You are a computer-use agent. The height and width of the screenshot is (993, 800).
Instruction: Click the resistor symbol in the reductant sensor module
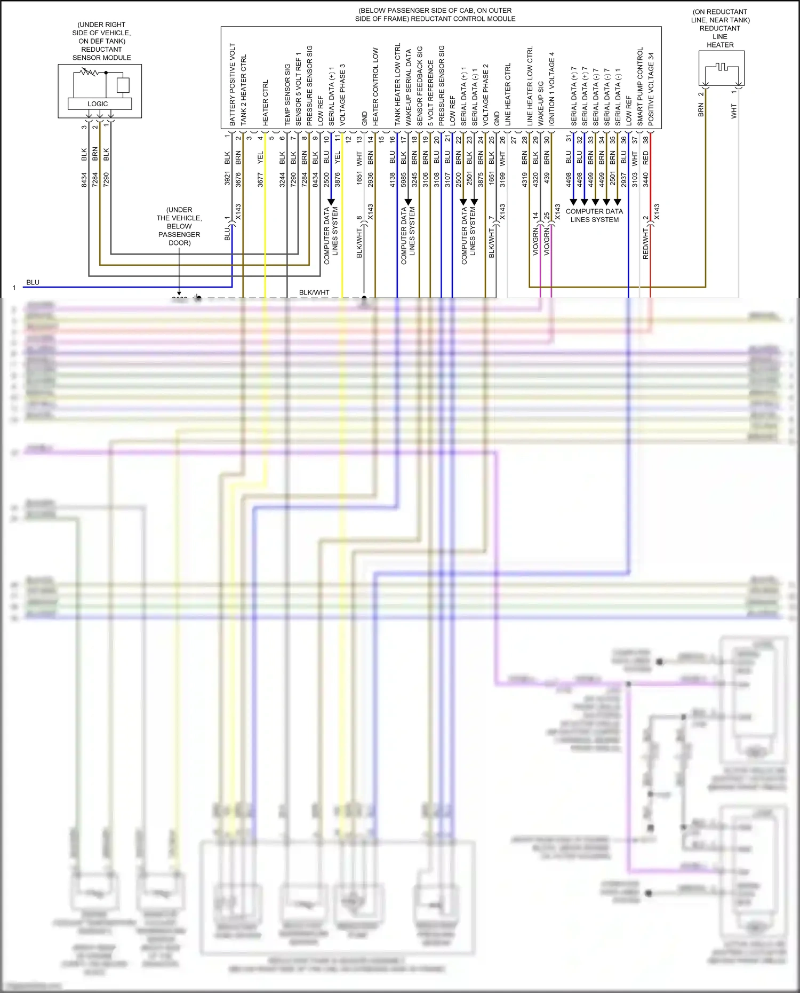89,72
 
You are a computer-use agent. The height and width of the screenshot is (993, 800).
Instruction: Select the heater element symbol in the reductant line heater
722,67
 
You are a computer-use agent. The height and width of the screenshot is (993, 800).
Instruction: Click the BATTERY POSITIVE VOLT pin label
233,84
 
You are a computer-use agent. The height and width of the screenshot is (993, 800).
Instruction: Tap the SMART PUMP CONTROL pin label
640,86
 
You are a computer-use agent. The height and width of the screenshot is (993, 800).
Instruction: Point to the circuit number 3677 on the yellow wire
260,179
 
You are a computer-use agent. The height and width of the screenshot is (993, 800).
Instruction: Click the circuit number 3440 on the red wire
645,179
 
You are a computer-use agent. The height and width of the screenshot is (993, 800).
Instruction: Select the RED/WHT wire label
645,244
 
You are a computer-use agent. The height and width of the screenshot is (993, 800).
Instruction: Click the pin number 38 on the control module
645,140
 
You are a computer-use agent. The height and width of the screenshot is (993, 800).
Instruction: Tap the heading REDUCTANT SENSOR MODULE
101,53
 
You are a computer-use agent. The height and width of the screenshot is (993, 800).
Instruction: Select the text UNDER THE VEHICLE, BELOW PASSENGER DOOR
179,226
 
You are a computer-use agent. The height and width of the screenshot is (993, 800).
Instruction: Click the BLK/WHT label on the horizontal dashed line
314,292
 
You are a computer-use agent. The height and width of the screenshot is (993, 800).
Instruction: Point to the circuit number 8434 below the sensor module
84,179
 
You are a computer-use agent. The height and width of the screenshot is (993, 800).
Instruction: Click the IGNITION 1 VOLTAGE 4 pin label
552,89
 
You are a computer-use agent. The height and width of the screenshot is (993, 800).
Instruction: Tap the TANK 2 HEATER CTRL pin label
244,90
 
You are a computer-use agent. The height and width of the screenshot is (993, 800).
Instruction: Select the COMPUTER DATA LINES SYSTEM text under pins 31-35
594,216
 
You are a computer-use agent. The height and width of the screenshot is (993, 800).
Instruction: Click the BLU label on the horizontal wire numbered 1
33,282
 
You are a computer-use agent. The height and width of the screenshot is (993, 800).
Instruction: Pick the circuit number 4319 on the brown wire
525,179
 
